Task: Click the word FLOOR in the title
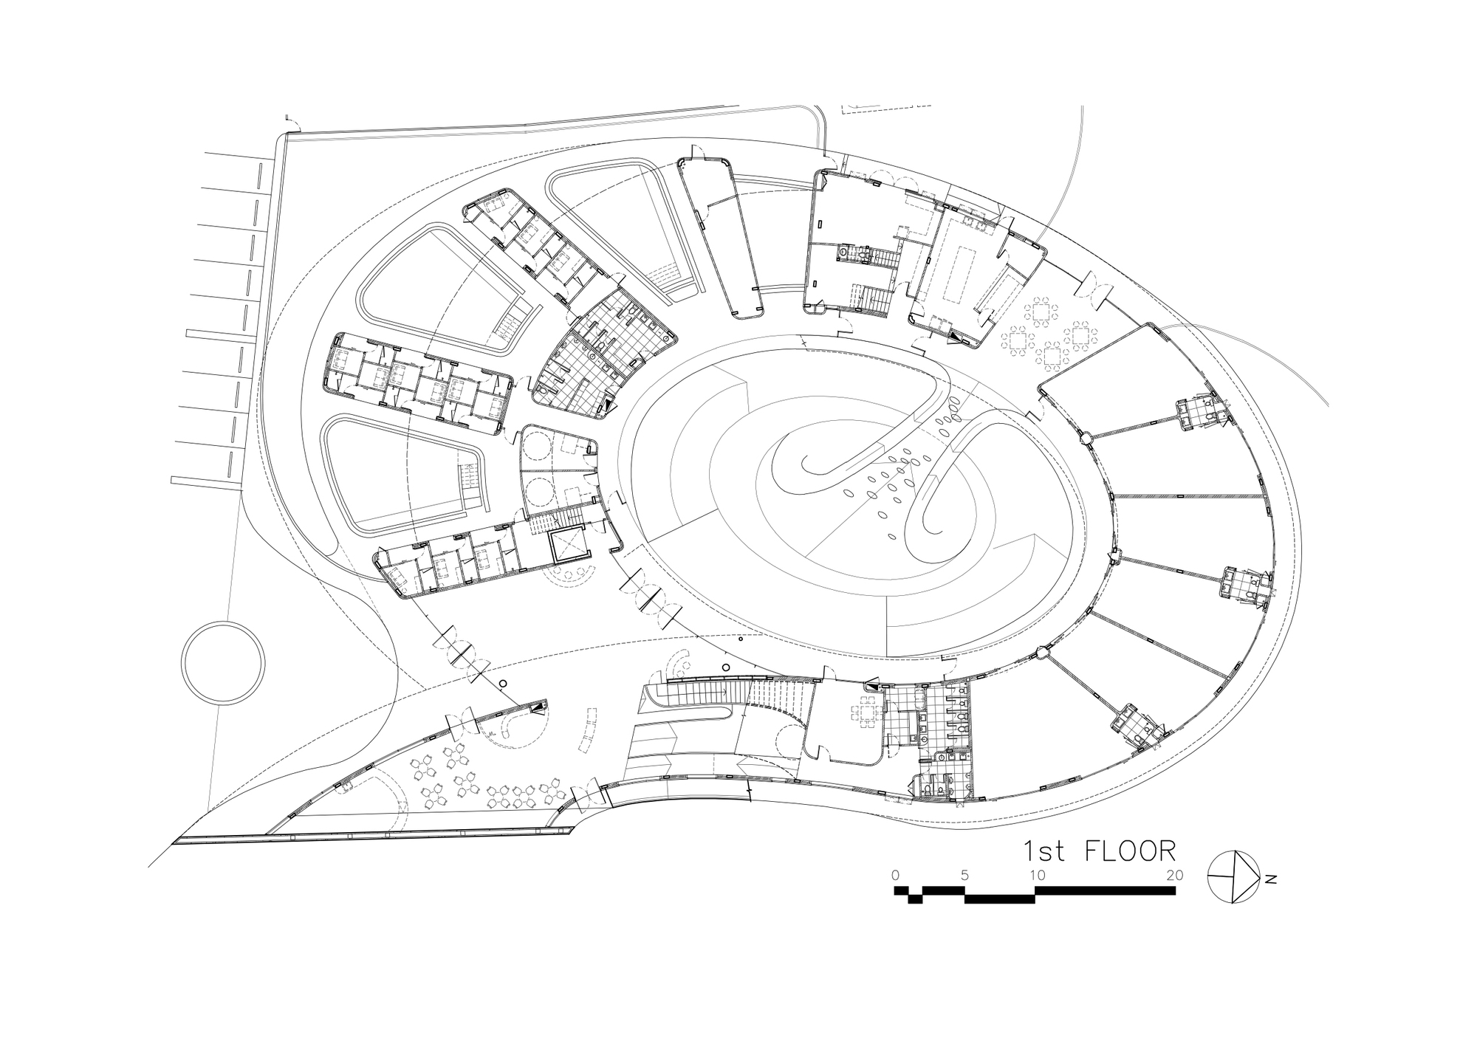[1129, 851]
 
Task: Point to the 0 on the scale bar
[895, 875]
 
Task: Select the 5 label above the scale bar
[964, 875]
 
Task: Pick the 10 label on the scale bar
[1037, 875]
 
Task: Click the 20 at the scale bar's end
[1174, 875]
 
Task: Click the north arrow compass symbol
[1233, 876]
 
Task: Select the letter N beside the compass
[1271, 879]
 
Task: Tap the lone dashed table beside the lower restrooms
[864, 713]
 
